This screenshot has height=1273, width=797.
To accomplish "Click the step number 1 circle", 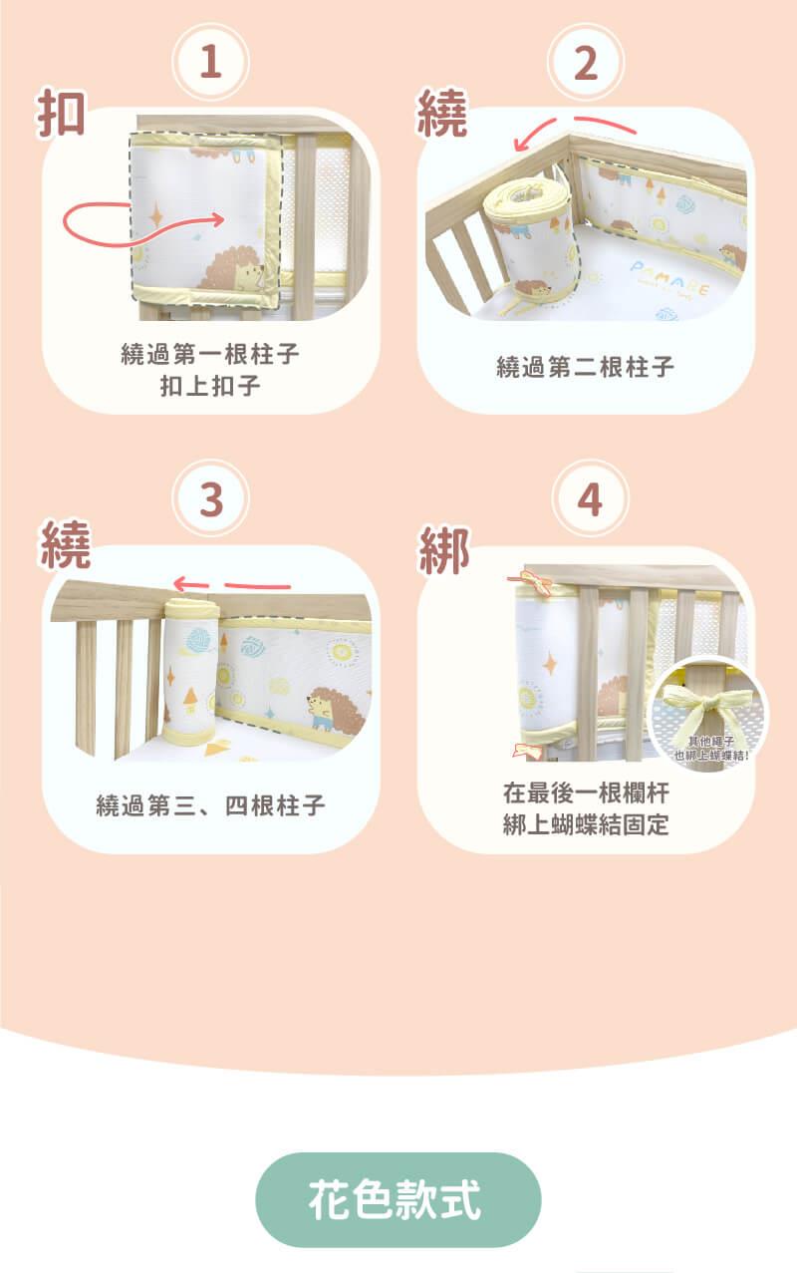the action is [x=211, y=62].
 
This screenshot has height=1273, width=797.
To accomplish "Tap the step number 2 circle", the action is [x=586, y=62].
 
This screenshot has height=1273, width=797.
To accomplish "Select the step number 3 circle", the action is [x=211, y=498].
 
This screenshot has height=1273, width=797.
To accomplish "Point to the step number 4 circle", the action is [x=590, y=498].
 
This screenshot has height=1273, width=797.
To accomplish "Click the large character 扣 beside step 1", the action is [x=61, y=113].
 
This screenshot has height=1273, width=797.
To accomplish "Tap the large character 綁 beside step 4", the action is [x=444, y=549].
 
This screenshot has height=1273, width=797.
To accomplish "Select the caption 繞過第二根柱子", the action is [x=585, y=367].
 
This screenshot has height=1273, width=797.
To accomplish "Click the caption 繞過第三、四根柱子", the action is [x=210, y=805].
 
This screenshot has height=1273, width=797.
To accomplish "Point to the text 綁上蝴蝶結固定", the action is [x=586, y=824].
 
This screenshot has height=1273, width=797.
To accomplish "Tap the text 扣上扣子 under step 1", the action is [x=210, y=386].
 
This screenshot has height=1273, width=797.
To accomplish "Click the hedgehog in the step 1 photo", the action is [x=233, y=269].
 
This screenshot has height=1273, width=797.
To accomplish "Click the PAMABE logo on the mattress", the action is [x=669, y=278].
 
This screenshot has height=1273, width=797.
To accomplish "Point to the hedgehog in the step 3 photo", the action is [x=335, y=709].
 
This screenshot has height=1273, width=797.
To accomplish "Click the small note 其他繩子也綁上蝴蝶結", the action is [x=711, y=748].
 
